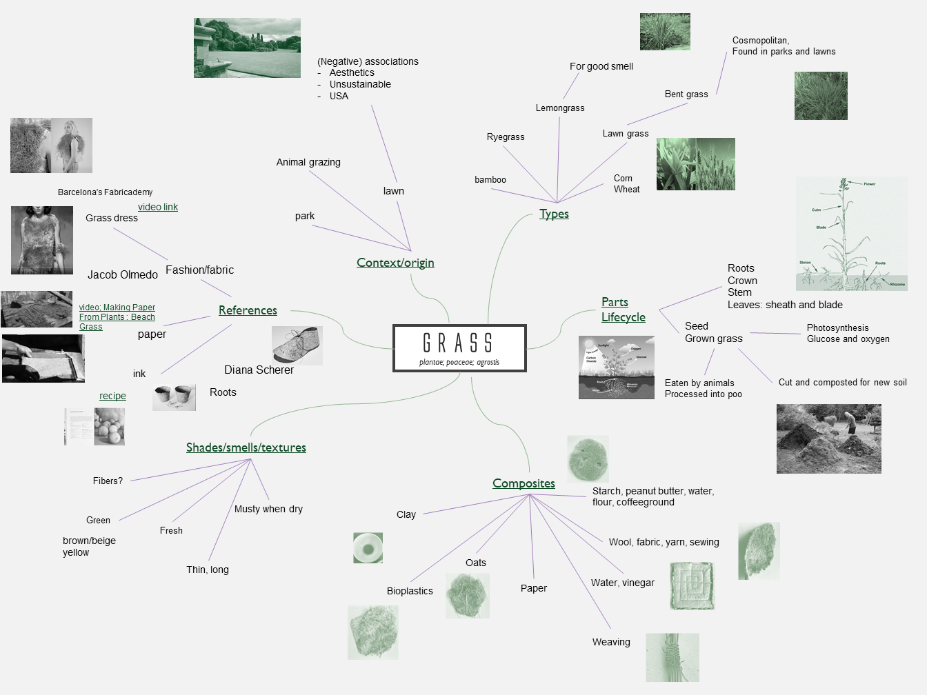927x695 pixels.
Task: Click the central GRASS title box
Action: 459,347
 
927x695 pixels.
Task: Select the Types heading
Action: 554,214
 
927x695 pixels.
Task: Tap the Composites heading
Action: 524,483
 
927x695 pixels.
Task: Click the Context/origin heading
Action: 395,263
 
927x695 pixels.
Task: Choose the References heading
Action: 248,310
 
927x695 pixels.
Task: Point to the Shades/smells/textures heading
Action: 246,447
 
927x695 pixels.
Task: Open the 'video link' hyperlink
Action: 158,207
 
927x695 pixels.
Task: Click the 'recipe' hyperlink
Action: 112,396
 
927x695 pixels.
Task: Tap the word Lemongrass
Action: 560,108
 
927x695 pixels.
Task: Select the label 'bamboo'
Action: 490,180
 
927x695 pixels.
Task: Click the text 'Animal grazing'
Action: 308,162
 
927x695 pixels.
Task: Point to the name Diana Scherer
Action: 259,370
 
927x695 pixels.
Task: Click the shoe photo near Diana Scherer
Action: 297,345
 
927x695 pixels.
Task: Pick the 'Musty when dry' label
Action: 268,509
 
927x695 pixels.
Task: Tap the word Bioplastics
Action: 410,591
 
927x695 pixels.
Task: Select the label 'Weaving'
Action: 611,642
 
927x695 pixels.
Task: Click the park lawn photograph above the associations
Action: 247,48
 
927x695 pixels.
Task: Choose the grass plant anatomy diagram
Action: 851,233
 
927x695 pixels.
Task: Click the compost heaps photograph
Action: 828,439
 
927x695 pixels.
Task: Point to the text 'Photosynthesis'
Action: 837,328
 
